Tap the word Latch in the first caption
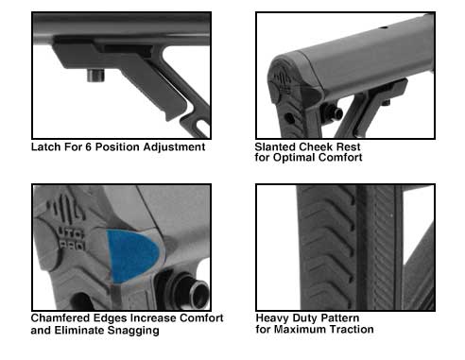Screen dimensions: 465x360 coord(46,146)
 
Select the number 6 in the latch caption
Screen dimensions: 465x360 coord(88,147)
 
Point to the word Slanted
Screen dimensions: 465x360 coord(275,146)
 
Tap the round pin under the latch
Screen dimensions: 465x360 coord(95,76)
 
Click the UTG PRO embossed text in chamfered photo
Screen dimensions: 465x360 coord(72,240)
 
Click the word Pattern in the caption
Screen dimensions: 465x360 coord(337,318)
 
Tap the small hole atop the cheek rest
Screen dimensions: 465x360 coord(383,27)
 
